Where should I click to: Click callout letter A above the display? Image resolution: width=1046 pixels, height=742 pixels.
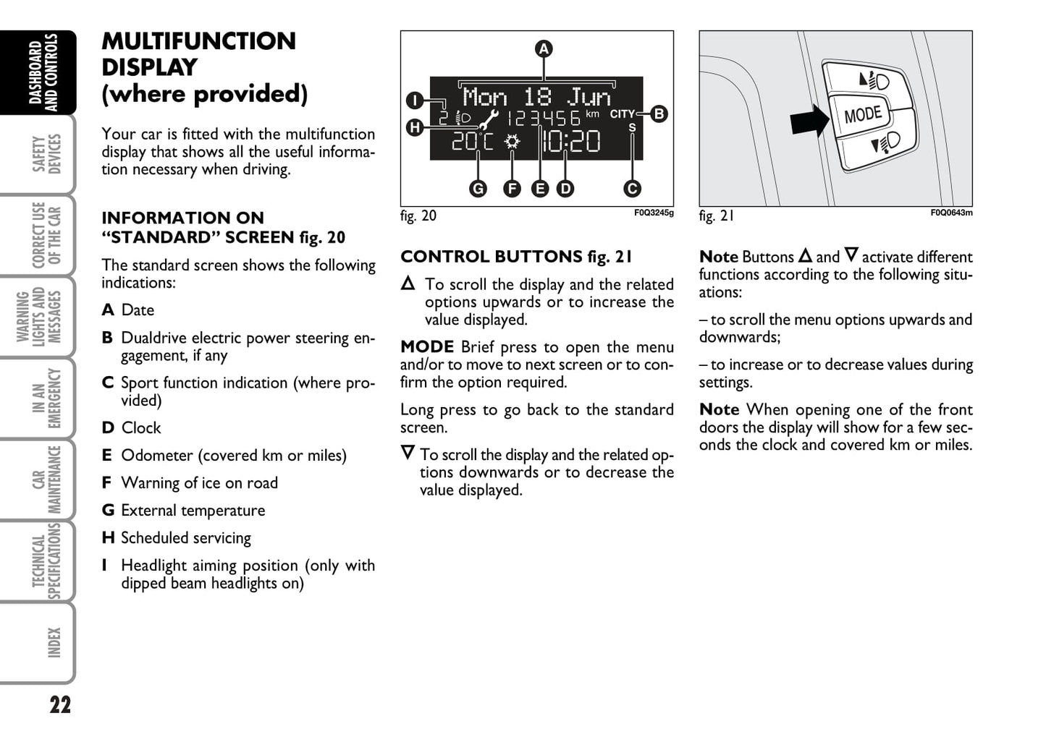(543, 49)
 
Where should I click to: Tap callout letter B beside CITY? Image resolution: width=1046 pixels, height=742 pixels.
(659, 114)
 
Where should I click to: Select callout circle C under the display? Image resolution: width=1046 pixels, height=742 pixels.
(632, 189)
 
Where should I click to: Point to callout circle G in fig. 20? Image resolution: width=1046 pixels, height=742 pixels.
(478, 189)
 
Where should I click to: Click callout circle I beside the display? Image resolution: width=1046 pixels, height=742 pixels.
(414, 100)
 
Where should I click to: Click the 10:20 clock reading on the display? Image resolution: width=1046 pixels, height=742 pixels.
(571, 142)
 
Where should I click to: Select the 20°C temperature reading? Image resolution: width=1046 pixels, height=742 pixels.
(472, 142)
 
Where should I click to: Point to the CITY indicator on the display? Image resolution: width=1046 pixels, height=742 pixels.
(622, 114)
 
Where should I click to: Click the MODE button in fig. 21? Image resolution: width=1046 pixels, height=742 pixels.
(863, 114)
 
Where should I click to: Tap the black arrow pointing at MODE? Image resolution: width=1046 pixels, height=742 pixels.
(809, 120)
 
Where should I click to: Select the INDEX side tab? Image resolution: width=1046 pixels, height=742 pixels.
(54, 642)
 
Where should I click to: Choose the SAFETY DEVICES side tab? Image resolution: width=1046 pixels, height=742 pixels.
(46, 153)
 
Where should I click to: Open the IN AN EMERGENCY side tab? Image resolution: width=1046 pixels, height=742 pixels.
(46, 398)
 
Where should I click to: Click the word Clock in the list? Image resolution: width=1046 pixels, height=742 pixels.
(141, 428)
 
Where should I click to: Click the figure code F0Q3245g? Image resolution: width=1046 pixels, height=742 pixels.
(654, 213)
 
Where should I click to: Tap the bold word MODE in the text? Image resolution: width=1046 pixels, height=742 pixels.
(427, 347)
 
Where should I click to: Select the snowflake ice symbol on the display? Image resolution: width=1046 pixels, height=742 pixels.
(512, 142)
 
